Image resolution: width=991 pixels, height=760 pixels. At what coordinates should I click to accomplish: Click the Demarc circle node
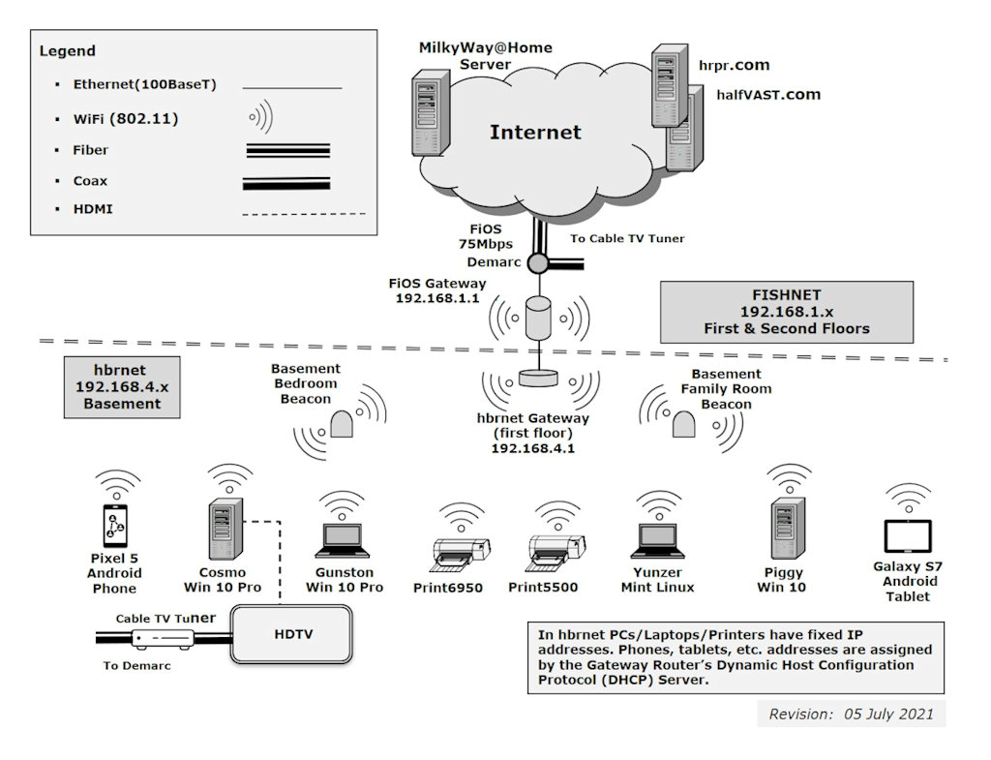coord(538,262)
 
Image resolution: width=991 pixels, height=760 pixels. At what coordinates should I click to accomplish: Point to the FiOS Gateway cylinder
coord(538,318)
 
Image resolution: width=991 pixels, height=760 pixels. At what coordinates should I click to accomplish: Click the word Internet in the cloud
coord(535,133)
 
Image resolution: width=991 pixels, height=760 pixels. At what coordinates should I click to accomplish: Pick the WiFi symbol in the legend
coord(261,118)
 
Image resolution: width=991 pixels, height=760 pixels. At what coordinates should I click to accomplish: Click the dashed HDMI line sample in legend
coord(303,213)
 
